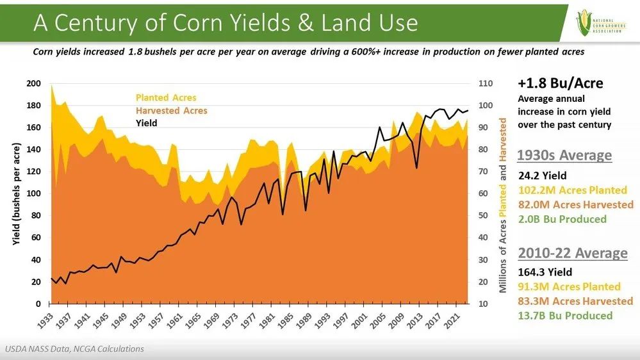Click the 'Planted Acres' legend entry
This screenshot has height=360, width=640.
pyautogui.click(x=166, y=98)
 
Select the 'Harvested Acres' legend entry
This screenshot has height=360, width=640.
pyautogui.click(x=171, y=111)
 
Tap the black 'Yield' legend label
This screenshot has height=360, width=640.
pyautogui.click(x=146, y=123)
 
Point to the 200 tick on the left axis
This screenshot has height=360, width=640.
pyautogui.click(x=33, y=83)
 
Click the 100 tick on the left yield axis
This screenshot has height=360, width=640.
pyautogui.click(x=33, y=193)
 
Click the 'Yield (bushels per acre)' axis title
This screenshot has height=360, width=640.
pyautogui.click(x=16, y=193)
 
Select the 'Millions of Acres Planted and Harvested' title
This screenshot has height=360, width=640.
pyautogui.click(x=504, y=205)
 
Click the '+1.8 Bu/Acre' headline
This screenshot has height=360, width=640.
pyautogui.click(x=560, y=84)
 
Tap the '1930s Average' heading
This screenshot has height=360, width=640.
pyautogui.click(x=564, y=156)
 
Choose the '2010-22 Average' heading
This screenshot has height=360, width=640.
pyautogui.click(x=572, y=253)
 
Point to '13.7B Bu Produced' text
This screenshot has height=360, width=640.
pyautogui.click(x=565, y=315)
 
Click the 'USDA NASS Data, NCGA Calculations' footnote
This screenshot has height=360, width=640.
pyautogui.click(x=75, y=349)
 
